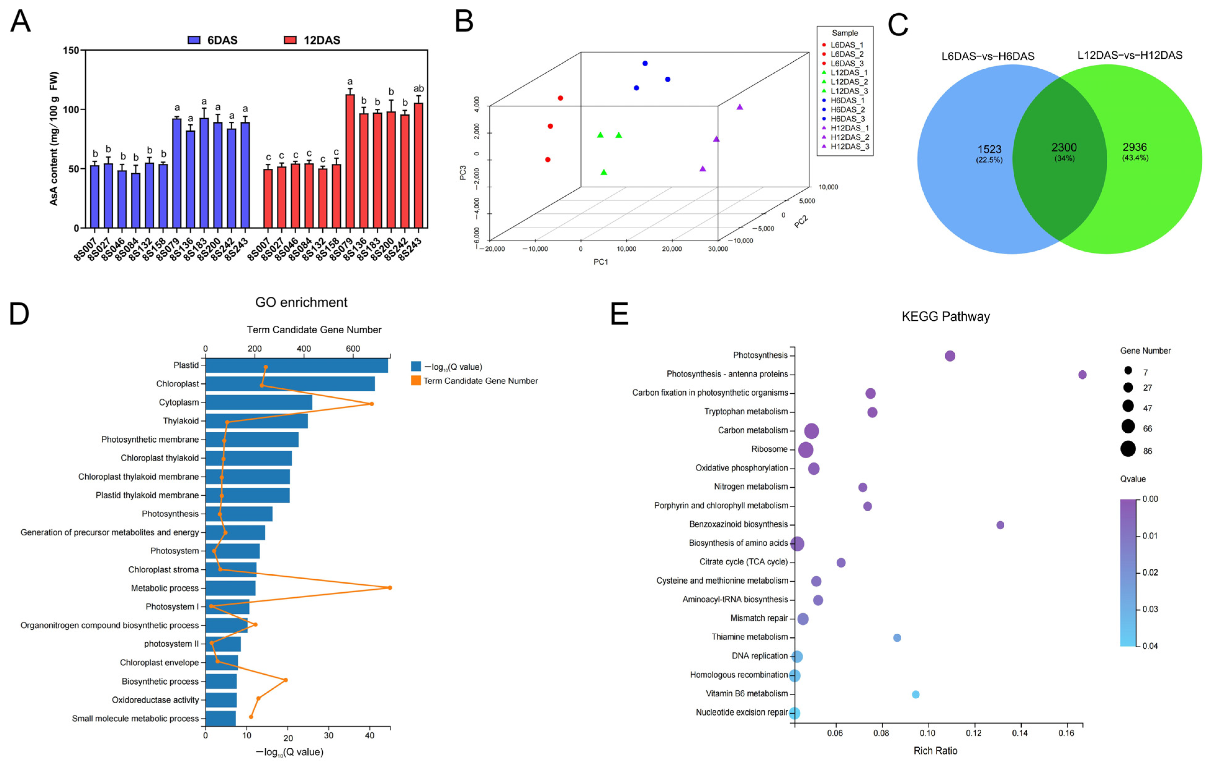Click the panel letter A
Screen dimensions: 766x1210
[20, 22]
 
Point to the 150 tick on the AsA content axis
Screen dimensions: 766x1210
[71, 50]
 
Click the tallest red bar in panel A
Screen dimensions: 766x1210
[350, 161]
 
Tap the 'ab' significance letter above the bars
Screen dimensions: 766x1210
[418, 89]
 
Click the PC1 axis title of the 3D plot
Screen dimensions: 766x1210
[600, 262]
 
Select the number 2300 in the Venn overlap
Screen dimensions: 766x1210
[1064, 147]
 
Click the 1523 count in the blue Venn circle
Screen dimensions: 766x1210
[989, 149]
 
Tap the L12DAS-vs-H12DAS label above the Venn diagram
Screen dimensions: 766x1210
[1130, 55]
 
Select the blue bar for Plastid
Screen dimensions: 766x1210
[297, 365]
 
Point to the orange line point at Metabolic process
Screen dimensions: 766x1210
[389, 587]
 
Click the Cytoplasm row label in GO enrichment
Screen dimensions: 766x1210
[179, 402]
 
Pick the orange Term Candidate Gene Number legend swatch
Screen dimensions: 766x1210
[415, 381]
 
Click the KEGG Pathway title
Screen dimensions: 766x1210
[945, 316]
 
